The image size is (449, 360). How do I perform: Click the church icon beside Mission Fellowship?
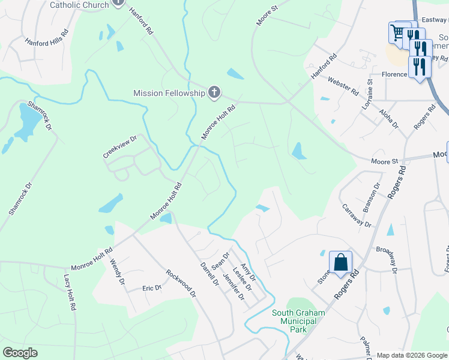click(x=214, y=92)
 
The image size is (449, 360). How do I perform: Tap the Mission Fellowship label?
click(x=169, y=93)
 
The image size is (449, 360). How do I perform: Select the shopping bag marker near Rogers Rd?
click(x=340, y=263)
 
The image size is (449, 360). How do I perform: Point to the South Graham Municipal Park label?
click(x=298, y=320)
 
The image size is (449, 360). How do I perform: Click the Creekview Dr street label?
click(x=120, y=146)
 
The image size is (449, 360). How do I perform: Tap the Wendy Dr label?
click(x=118, y=272)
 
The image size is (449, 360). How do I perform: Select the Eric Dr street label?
click(x=152, y=288)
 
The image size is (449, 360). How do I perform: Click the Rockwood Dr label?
click(x=181, y=283)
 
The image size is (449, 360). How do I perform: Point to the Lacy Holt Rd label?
click(x=68, y=293)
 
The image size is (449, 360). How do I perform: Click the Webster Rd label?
click(x=343, y=86)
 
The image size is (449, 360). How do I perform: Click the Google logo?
click(x=20, y=353)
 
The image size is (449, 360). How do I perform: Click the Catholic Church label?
click(x=79, y=5)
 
